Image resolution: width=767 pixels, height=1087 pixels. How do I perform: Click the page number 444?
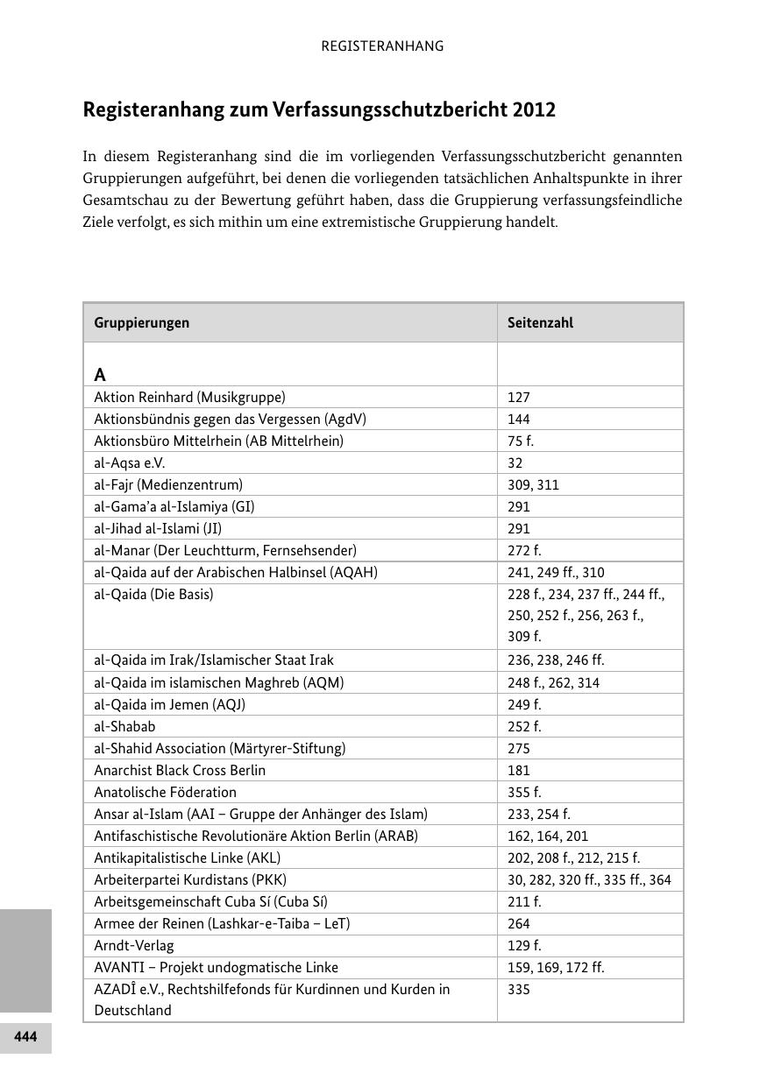pyautogui.click(x=25, y=1037)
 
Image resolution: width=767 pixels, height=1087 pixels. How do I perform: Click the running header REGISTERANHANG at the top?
pyautogui.click(x=382, y=46)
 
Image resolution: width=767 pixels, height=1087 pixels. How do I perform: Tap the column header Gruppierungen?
pyautogui.click(x=141, y=322)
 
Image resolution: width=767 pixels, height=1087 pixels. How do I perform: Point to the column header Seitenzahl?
pyautogui.click(x=540, y=322)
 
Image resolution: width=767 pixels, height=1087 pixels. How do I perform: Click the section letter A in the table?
pyautogui.click(x=100, y=375)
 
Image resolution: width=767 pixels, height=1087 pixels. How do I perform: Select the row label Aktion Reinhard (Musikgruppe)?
pyautogui.click(x=189, y=397)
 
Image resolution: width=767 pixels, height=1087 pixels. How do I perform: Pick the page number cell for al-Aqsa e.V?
pyautogui.click(x=515, y=462)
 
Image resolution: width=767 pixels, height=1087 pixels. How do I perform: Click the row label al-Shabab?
pyautogui.click(x=124, y=726)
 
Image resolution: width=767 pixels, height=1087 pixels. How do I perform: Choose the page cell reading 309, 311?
pyautogui.click(x=533, y=484)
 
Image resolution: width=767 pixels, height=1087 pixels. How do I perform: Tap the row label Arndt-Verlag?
pyautogui.click(x=134, y=945)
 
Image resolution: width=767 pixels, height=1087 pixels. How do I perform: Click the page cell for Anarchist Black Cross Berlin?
pyautogui.click(x=518, y=770)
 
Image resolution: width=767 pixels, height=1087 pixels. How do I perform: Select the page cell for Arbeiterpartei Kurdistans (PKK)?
pyautogui.click(x=589, y=879)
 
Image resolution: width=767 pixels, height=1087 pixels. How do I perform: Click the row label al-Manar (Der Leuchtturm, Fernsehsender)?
pyautogui.click(x=225, y=550)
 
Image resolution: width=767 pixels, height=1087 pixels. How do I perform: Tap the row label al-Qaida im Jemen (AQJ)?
pyautogui.click(x=169, y=704)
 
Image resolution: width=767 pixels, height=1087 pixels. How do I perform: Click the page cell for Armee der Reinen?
pyautogui.click(x=518, y=923)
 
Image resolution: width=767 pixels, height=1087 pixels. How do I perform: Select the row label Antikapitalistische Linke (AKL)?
pyautogui.click(x=188, y=858)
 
